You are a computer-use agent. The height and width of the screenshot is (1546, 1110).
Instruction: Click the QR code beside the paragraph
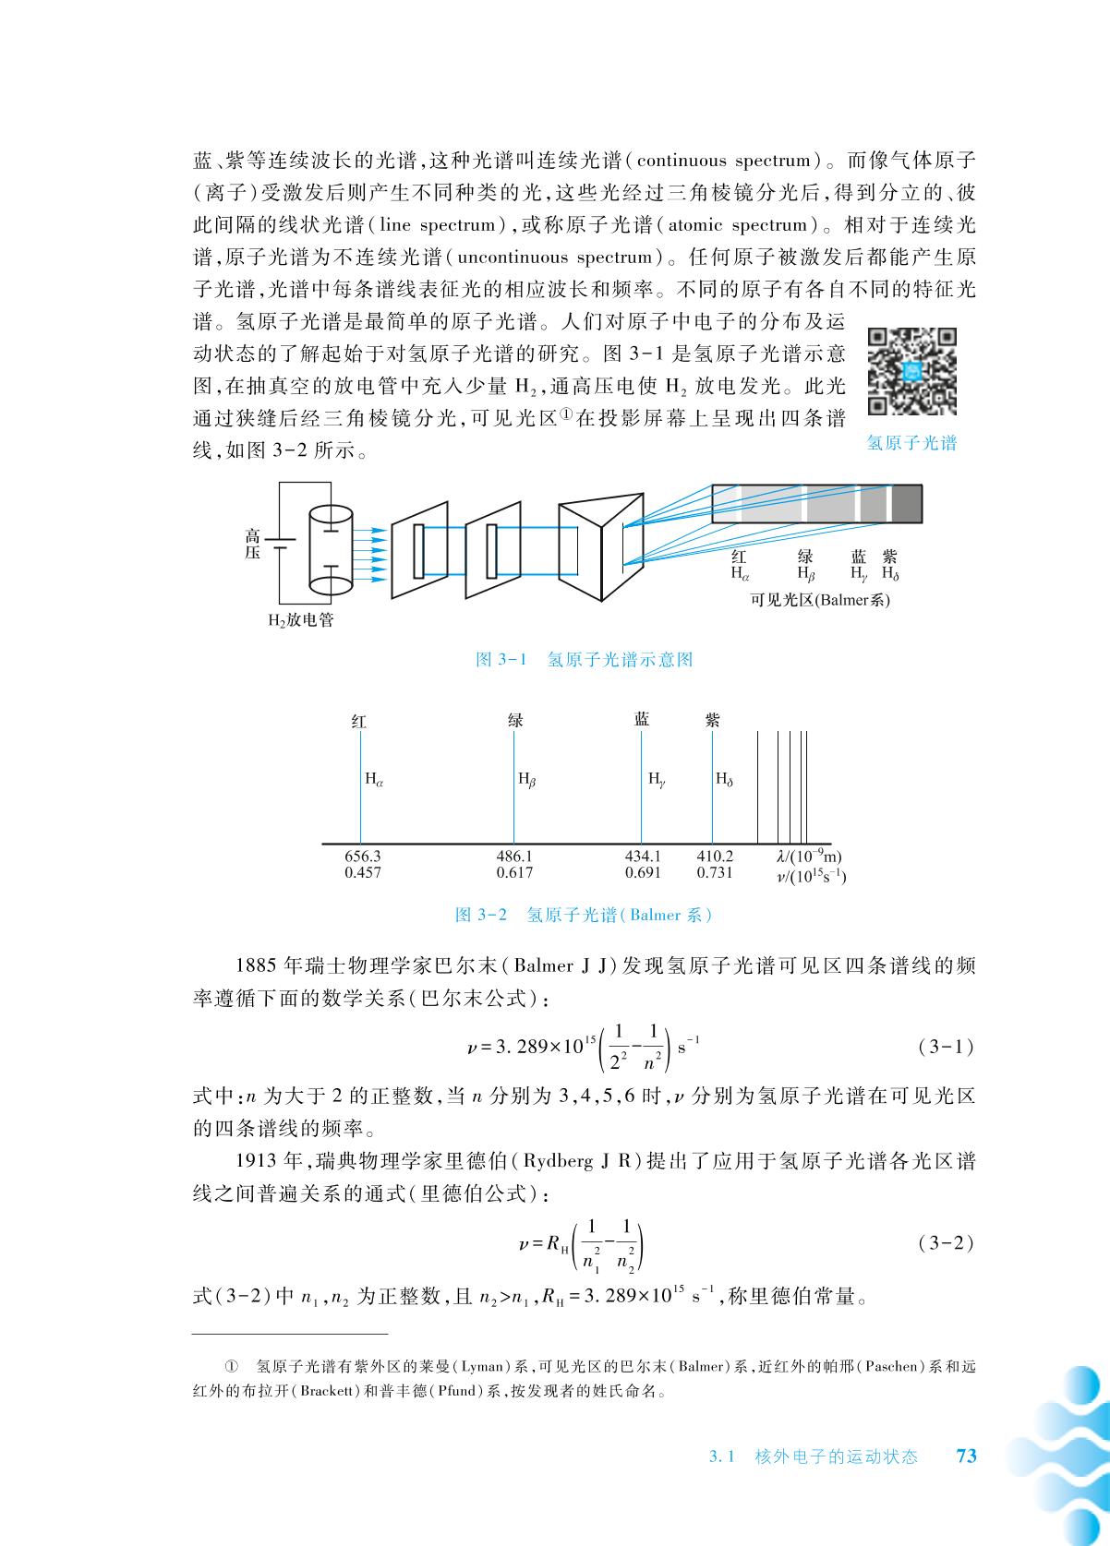point(911,372)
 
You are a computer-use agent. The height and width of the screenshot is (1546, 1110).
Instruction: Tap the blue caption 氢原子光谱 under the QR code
point(911,443)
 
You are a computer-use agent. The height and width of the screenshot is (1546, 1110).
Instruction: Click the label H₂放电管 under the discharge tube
point(301,620)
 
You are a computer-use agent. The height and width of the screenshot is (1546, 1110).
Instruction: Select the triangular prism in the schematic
point(601,545)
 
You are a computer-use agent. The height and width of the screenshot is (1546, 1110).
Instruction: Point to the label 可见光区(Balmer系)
point(821,600)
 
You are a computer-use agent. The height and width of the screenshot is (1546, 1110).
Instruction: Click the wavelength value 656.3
point(362,857)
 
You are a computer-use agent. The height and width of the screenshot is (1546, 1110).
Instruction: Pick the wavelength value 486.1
point(514,857)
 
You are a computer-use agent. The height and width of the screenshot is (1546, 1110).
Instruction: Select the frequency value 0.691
point(643,872)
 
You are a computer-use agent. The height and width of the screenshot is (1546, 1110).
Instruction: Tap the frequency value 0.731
point(715,872)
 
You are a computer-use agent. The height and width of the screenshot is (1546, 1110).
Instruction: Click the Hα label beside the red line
point(374,779)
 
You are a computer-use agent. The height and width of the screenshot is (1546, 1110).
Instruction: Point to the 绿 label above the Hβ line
point(515,721)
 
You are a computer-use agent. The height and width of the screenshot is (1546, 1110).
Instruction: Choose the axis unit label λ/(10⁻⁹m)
point(809,857)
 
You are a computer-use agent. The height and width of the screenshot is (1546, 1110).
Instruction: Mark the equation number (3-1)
point(947,1047)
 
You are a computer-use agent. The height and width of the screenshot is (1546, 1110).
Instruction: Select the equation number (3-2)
point(947,1242)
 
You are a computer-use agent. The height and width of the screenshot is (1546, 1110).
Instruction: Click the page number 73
point(966,1456)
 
